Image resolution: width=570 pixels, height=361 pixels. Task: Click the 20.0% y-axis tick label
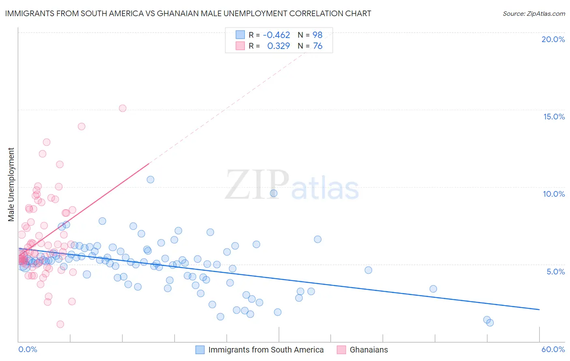[x=553, y=39]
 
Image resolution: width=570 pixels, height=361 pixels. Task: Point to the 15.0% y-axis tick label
[x=554, y=117]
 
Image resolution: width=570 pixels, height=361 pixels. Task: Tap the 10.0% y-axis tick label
[x=554, y=194]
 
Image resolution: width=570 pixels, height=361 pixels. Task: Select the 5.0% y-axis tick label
[x=555, y=272]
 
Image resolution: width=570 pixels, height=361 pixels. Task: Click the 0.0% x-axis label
[x=28, y=349]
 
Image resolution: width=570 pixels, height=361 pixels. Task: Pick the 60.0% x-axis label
[x=553, y=349]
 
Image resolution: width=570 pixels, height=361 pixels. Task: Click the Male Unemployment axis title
[x=11, y=185]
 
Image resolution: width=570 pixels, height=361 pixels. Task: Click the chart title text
[x=188, y=13]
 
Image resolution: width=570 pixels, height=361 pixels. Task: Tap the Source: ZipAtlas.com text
[x=534, y=13]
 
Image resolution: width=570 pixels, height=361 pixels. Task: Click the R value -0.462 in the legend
[x=276, y=35]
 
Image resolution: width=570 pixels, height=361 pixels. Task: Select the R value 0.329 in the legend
[x=279, y=46]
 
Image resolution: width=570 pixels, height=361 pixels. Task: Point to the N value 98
[x=317, y=35]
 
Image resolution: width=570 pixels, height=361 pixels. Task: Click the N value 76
[x=317, y=46]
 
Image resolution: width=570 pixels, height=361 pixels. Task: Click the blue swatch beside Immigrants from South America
[x=200, y=350]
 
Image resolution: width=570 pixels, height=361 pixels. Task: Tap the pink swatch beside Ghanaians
[x=341, y=350]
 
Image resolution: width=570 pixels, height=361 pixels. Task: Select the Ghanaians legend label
[x=369, y=350]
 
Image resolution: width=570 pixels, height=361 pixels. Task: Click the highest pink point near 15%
[x=122, y=108]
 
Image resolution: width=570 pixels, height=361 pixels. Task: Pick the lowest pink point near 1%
[x=60, y=324]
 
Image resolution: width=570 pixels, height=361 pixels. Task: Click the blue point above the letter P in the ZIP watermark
[x=274, y=193]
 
